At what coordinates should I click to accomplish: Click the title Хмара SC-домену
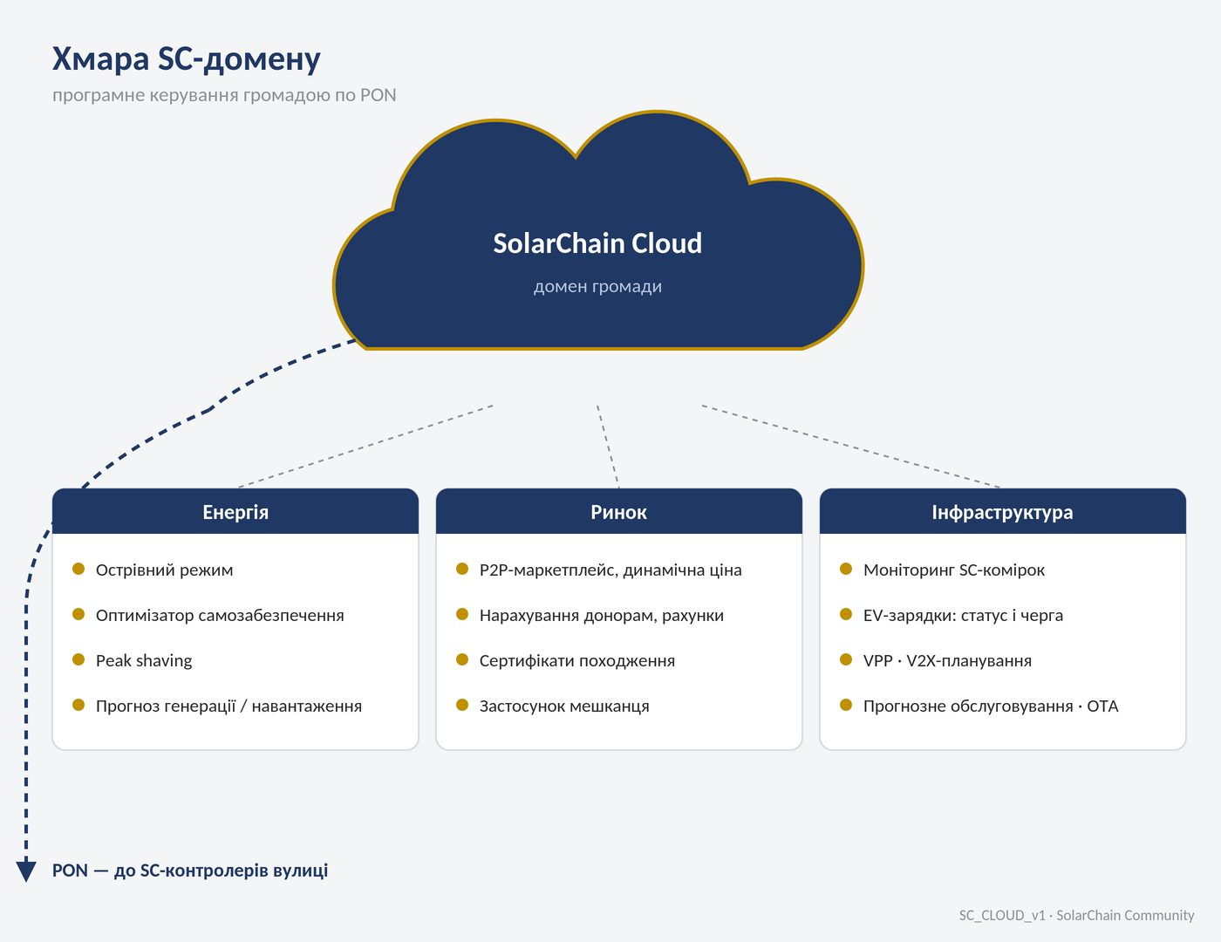click(186, 59)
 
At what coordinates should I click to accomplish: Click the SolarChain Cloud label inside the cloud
click(597, 243)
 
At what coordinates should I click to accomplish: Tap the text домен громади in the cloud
click(597, 286)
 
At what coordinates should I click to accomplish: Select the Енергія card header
click(235, 512)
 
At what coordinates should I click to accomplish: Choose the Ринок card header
click(618, 512)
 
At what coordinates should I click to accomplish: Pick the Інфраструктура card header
click(1002, 512)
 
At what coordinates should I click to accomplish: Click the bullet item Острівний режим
click(164, 570)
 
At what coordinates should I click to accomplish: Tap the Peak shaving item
click(144, 660)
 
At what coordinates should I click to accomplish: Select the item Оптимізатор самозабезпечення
click(220, 615)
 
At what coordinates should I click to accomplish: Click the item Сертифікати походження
click(577, 660)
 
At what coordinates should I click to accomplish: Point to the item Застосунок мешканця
click(564, 706)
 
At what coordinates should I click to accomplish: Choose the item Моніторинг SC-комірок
click(954, 570)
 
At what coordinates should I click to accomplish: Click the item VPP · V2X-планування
click(947, 660)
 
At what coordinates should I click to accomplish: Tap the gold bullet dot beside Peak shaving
click(78, 659)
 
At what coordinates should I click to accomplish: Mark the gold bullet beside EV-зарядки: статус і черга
click(846, 614)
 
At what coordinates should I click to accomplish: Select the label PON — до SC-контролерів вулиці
click(190, 870)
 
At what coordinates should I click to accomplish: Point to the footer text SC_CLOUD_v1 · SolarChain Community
click(1076, 915)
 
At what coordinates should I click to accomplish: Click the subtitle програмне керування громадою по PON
click(224, 95)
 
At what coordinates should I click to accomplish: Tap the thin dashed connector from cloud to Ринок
click(608, 446)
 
